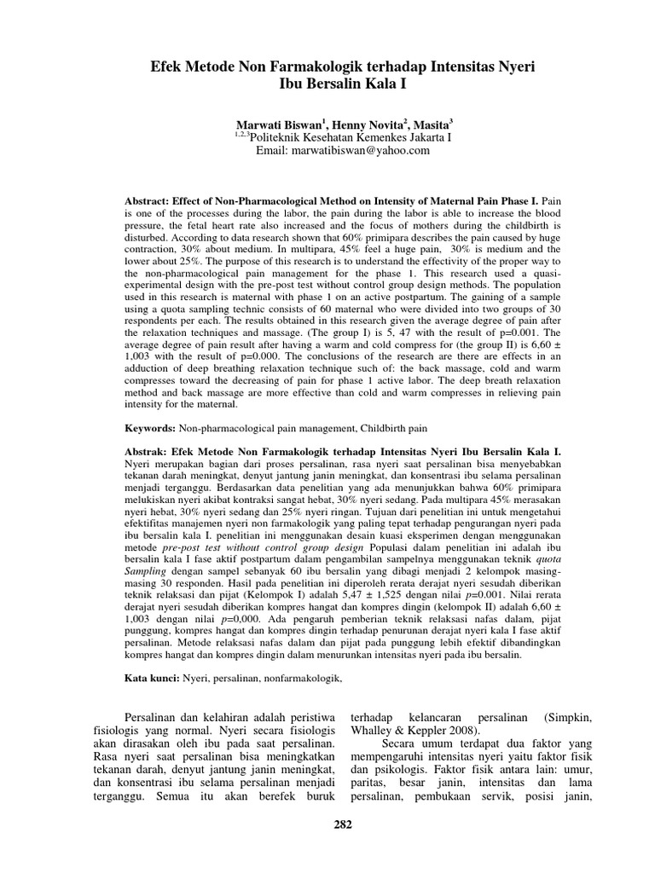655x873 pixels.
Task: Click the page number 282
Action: point(341,824)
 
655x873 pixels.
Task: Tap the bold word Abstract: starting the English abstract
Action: point(151,197)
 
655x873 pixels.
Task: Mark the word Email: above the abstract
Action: point(275,150)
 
